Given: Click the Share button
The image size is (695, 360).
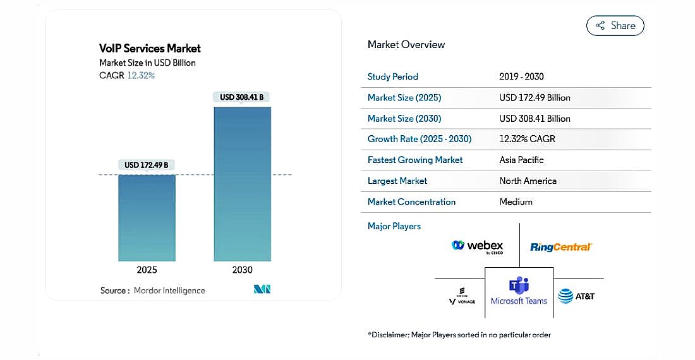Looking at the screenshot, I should (615, 26).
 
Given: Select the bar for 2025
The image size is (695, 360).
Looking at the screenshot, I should (147, 218).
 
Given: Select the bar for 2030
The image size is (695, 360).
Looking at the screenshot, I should (242, 183).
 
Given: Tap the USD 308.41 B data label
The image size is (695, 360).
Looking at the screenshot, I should (242, 97).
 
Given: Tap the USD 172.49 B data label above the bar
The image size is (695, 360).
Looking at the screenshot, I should (147, 165).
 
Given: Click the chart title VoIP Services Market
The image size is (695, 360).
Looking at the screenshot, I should (150, 48).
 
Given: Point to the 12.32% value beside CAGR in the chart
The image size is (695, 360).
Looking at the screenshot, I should (141, 75).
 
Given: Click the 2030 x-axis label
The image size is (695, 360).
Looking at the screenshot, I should (242, 270).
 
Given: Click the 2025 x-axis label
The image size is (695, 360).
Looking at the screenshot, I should (147, 270).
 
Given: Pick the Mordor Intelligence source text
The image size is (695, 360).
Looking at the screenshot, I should (169, 291).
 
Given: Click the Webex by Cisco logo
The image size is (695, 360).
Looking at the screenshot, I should (478, 246).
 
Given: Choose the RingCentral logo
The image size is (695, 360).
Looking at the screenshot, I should (560, 247).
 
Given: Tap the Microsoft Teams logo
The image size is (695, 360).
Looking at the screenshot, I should (519, 291).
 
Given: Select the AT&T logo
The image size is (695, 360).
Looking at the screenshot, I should (576, 296).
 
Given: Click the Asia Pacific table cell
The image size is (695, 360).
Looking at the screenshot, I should (521, 160).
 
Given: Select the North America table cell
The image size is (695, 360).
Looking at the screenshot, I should (528, 181).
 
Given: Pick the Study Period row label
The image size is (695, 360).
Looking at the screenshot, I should (392, 76).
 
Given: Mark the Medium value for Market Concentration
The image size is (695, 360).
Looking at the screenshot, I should (516, 201).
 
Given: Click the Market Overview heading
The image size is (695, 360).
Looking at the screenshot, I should (406, 44).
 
